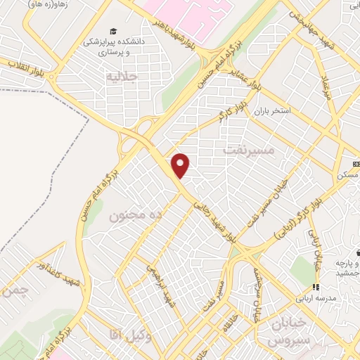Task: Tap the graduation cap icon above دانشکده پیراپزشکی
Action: pos(112,31)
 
